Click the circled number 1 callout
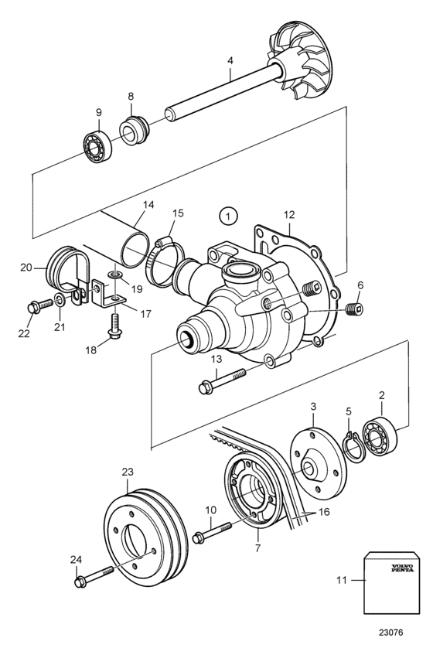click(x=228, y=216)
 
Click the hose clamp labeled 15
click(x=165, y=261)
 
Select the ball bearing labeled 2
click(x=380, y=437)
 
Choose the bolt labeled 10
click(x=212, y=531)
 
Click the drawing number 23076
click(x=390, y=632)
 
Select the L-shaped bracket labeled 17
click(x=108, y=297)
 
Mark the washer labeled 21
click(x=59, y=299)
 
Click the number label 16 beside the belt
click(x=324, y=512)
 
